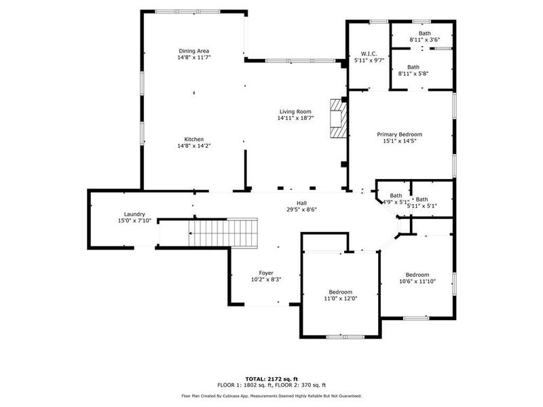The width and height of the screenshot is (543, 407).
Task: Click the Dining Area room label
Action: tap(193, 51)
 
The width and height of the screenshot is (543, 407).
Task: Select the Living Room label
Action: tap(295, 111)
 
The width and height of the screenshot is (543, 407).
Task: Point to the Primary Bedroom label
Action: tap(399, 134)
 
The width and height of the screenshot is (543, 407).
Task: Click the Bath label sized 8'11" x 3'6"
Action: tap(424, 33)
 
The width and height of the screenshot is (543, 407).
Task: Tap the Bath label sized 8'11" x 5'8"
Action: tap(413, 67)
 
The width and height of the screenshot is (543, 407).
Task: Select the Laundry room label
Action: tap(134, 214)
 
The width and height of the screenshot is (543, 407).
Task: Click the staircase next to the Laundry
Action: tap(224, 233)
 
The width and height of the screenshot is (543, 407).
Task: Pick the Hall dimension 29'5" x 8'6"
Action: tap(302, 210)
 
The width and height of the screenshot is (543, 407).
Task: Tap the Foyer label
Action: tap(266, 273)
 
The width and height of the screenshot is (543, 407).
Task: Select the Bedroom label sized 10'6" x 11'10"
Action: tap(417, 275)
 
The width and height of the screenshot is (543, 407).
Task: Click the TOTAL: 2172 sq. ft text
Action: tap(271, 379)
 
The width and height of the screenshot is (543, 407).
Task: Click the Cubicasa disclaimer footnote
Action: tap(271, 395)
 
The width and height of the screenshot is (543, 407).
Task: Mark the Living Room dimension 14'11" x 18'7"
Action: tap(295, 118)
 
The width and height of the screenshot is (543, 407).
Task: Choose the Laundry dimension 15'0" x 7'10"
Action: tap(134, 220)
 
